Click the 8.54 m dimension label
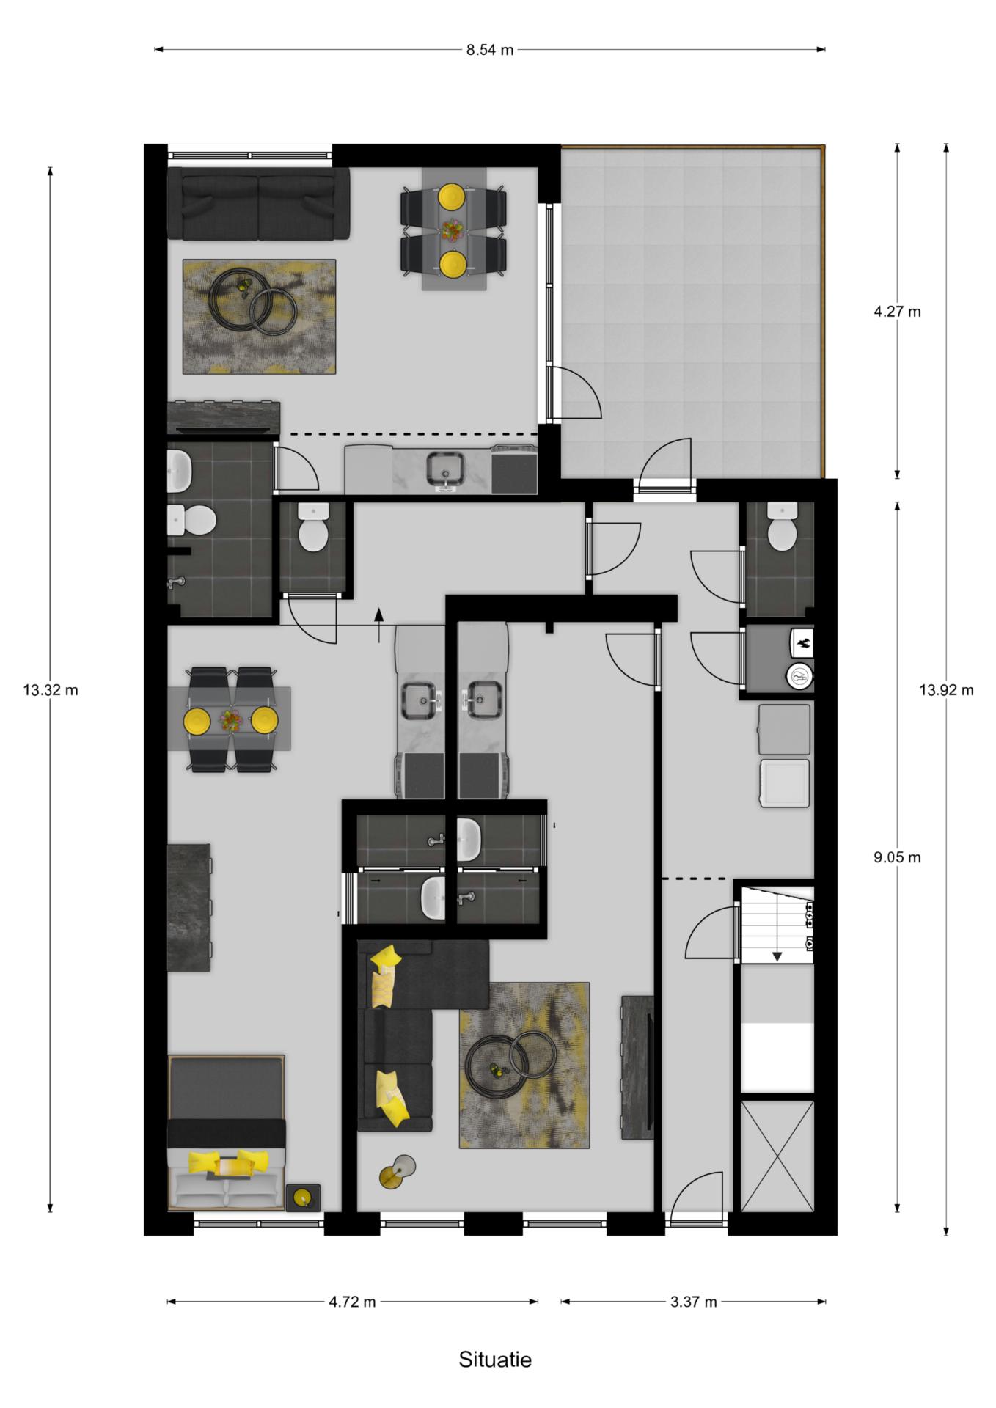pyautogui.click(x=489, y=50)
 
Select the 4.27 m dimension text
pyautogui.click(x=897, y=312)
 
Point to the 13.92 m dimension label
pyautogui.click(x=946, y=690)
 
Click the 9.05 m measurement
pyautogui.click(x=897, y=857)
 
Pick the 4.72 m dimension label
pyautogui.click(x=352, y=1302)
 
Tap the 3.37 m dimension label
pyautogui.click(x=693, y=1302)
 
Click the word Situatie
pyautogui.click(x=495, y=1360)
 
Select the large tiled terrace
pyautogui.click(x=689, y=312)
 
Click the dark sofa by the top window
pyautogui.click(x=258, y=203)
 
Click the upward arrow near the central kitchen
pyautogui.click(x=379, y=626)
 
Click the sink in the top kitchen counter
pyautogui.click(x=445, y=470)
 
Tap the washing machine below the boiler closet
pyautogui.click(x=785, y=784)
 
